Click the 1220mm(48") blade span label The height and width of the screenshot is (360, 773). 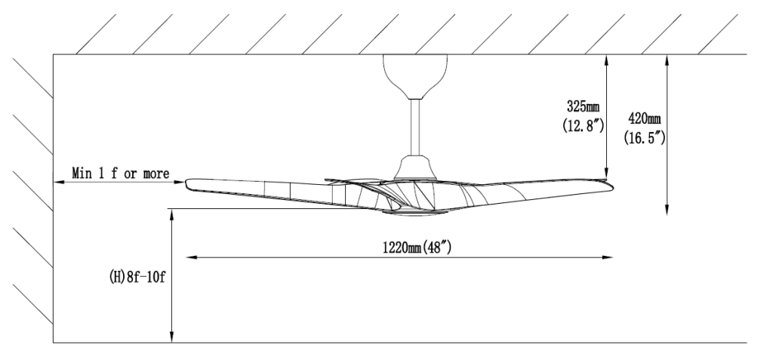click(x=417, y=246)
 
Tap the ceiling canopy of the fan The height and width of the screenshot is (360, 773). click(x=412, y=75)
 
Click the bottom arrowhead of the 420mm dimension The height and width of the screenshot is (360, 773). click(x=667, y=212)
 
